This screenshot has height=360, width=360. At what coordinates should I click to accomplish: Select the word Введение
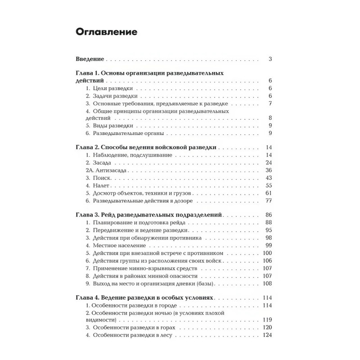point(90,59)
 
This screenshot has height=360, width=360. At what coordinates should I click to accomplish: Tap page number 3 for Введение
point(270,59)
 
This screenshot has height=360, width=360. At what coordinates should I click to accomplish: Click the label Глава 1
point(85,73)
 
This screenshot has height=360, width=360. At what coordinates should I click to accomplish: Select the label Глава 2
point(85,147)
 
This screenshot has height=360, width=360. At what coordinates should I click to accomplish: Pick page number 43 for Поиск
point(269,178)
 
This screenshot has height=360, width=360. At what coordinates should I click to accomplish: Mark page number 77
point(269,201)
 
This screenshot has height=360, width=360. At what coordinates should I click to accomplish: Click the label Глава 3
point(85,215)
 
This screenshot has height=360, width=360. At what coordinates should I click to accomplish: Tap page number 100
point(267,253)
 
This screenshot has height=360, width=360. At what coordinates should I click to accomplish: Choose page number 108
point(267,283)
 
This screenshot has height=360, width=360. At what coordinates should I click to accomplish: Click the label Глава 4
point(85,298)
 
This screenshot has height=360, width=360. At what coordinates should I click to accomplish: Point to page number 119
point(267,320)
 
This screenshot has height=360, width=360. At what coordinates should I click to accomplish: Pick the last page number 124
point(267,335)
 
